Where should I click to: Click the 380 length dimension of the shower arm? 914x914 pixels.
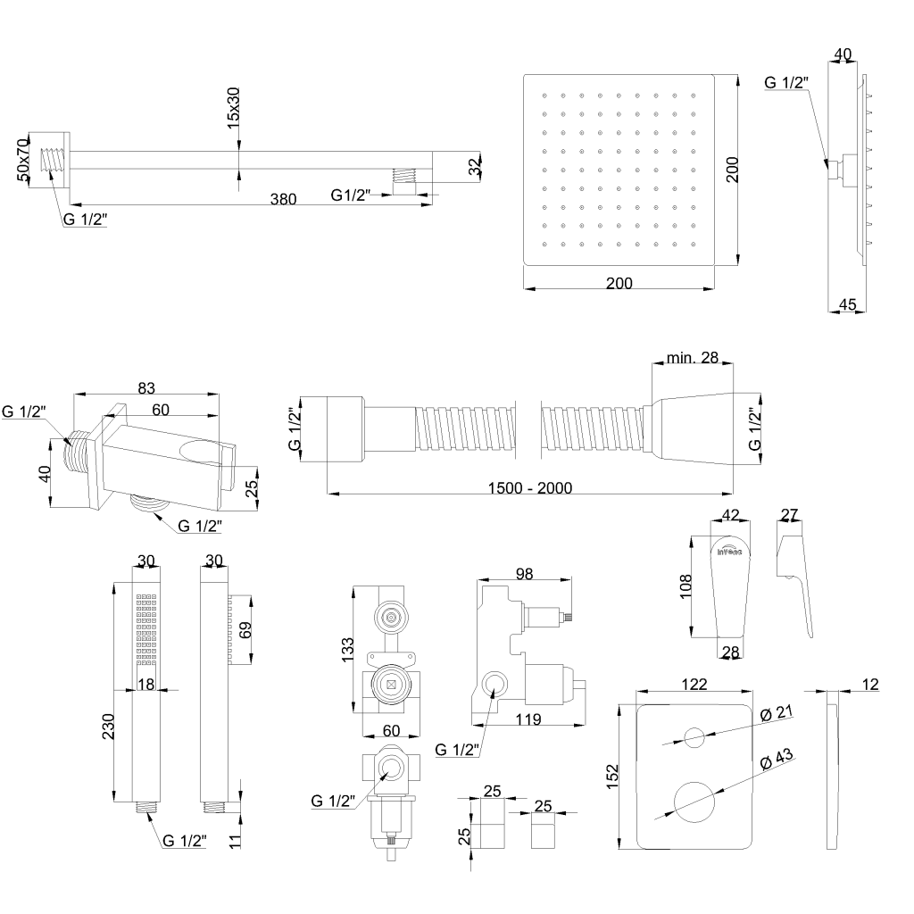pyautogui.click(x=283, y=200)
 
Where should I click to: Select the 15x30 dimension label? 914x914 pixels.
pyautogui.click(x=234, y=108)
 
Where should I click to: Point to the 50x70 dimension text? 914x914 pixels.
pyautogui.click(x=24, y=160)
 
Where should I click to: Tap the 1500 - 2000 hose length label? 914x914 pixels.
pyautogui.click(x=530, y=487)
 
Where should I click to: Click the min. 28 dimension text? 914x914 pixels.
pyautogui.click(x=693, y=358)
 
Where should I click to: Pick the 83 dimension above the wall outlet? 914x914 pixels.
pyautogui.click(x=147, y=387)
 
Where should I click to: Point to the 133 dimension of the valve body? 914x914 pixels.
pyautogui.click(x=348, y=649)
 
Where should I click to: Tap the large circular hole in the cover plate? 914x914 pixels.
pyautogui.click(x=694, y=800)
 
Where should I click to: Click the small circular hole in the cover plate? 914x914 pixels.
pyautogui.click(x=694, y=737)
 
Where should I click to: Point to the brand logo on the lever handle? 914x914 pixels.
pyautogui.click(x=730, y=551)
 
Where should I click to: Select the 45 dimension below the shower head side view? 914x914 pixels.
pyautogui.click(x=848, y=304)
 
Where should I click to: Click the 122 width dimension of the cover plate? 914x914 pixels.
pyautogui.click(x=694, y=685)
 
